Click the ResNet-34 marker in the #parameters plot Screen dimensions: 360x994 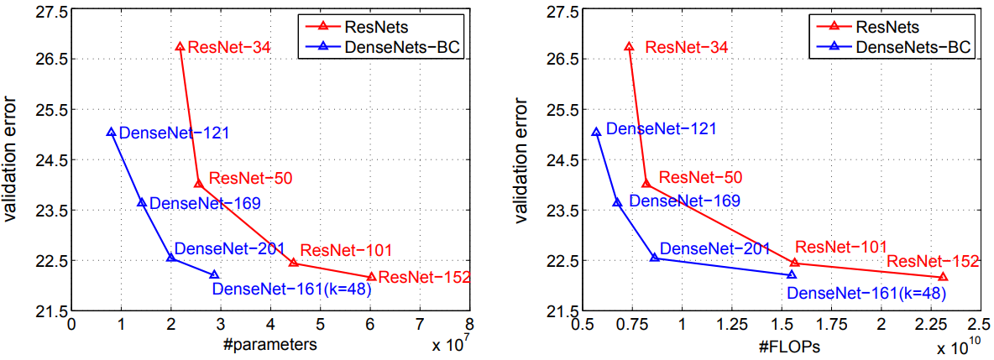[x=180, y=47]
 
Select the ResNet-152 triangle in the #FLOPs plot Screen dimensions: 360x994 [x=943, y=277]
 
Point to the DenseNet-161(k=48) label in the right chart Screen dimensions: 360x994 [x=867, y=294]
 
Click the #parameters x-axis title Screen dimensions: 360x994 [x=270, y=345]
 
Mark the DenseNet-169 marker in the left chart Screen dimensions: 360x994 [x=142, y=202]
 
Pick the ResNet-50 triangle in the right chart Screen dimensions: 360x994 [x=646, y=184]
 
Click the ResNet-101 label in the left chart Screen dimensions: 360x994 [x=346, y=250]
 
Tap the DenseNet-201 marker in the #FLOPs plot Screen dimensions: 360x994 [x=655, y=258]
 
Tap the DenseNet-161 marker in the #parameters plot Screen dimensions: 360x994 [x=214, y=274]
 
